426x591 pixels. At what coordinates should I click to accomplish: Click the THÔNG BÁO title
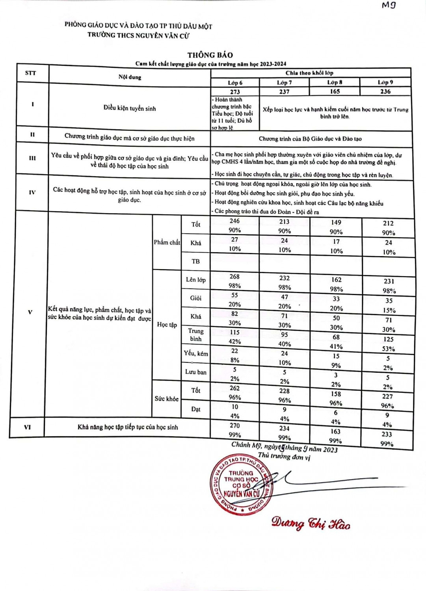210,55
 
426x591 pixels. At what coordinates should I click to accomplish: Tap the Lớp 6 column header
235,83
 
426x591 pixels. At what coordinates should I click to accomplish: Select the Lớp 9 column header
385,82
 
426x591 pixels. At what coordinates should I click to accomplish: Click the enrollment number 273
235,92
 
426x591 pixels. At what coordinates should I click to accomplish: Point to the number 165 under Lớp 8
335,91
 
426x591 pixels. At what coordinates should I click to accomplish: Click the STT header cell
30,73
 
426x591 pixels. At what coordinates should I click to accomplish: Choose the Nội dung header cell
130,77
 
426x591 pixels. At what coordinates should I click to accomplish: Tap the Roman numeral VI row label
27,427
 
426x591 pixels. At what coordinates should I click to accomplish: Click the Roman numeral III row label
32,158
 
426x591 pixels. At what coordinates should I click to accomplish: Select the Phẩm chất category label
167,242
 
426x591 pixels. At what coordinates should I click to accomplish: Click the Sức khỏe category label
166,399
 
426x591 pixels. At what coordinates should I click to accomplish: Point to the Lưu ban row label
196,372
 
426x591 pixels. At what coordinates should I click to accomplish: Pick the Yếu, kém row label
196,353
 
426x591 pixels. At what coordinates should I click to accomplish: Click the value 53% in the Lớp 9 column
388,349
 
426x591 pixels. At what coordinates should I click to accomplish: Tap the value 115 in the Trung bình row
235,332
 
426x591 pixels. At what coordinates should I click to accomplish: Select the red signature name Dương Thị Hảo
311,524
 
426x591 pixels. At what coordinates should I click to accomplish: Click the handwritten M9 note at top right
389,5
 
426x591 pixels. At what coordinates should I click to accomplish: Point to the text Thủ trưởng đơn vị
284,456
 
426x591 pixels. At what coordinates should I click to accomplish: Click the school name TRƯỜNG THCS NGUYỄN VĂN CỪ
139,35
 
